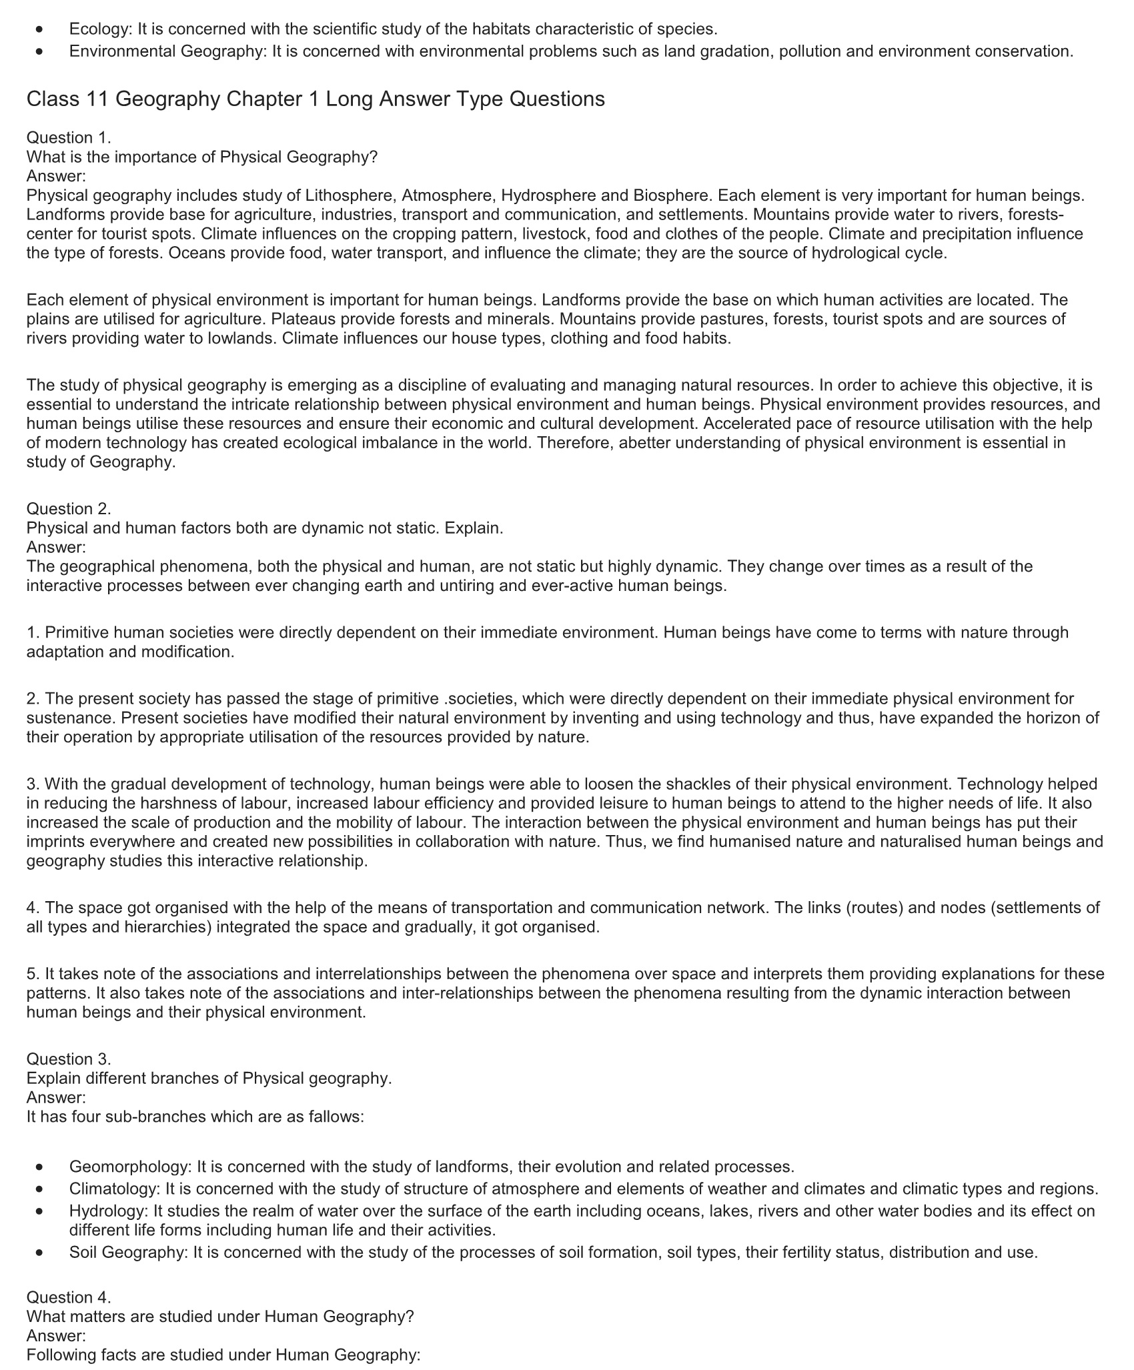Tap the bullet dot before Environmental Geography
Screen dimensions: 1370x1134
pyautogui.click(x=41, y=51)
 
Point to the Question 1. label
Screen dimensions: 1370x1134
pyautogui.click(x=69, y=138)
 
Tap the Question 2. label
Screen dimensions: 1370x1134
pyautogui.click(x=69, y=509)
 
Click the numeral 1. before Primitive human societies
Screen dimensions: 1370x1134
pyautogui.click(x=33, y=632)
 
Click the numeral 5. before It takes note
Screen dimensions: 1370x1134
pyautogui.click(x=33, y=974)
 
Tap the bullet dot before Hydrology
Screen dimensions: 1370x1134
pyautogui.click(x=41, y=1211)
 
